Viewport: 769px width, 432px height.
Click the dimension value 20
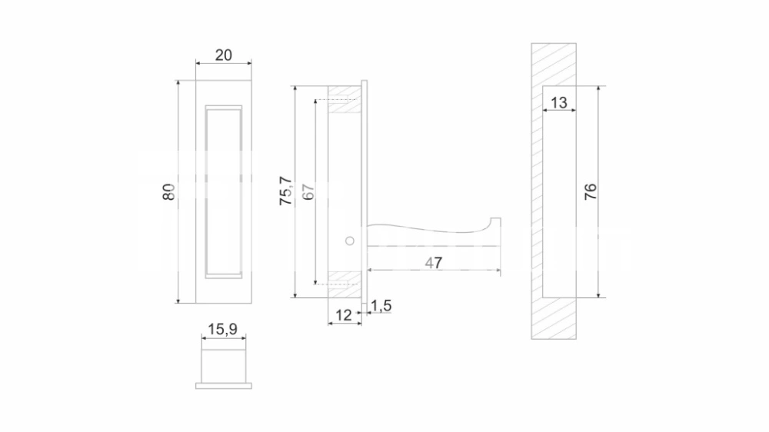[224, 55]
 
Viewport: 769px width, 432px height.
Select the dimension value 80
[168, 191]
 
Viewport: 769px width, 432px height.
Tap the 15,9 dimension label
[223, 329]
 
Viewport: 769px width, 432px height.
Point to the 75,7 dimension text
[285, 191]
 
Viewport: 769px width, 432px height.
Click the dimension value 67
[308, 191]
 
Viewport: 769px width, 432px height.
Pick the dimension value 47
[434, 263]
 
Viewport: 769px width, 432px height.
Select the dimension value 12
[344, 315]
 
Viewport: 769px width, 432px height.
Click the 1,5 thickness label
[381, 305]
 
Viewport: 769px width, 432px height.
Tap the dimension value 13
[558, 102]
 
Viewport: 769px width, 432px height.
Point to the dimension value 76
[591, 191]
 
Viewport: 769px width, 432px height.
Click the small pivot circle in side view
[350, 241]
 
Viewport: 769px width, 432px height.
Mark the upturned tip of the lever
[496, 220]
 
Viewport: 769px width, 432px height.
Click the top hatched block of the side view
[345, 99]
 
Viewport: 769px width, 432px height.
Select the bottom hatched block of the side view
[345, 284]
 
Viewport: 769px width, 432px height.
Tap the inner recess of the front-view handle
[224, 191]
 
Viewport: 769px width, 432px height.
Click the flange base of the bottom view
[224, 386]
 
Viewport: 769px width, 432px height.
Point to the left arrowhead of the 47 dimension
[371, 270]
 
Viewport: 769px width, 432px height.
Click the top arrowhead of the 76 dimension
[598, 89]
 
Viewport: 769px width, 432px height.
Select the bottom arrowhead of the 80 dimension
[178, 300]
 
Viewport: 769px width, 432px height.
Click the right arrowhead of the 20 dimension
[248, 63]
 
